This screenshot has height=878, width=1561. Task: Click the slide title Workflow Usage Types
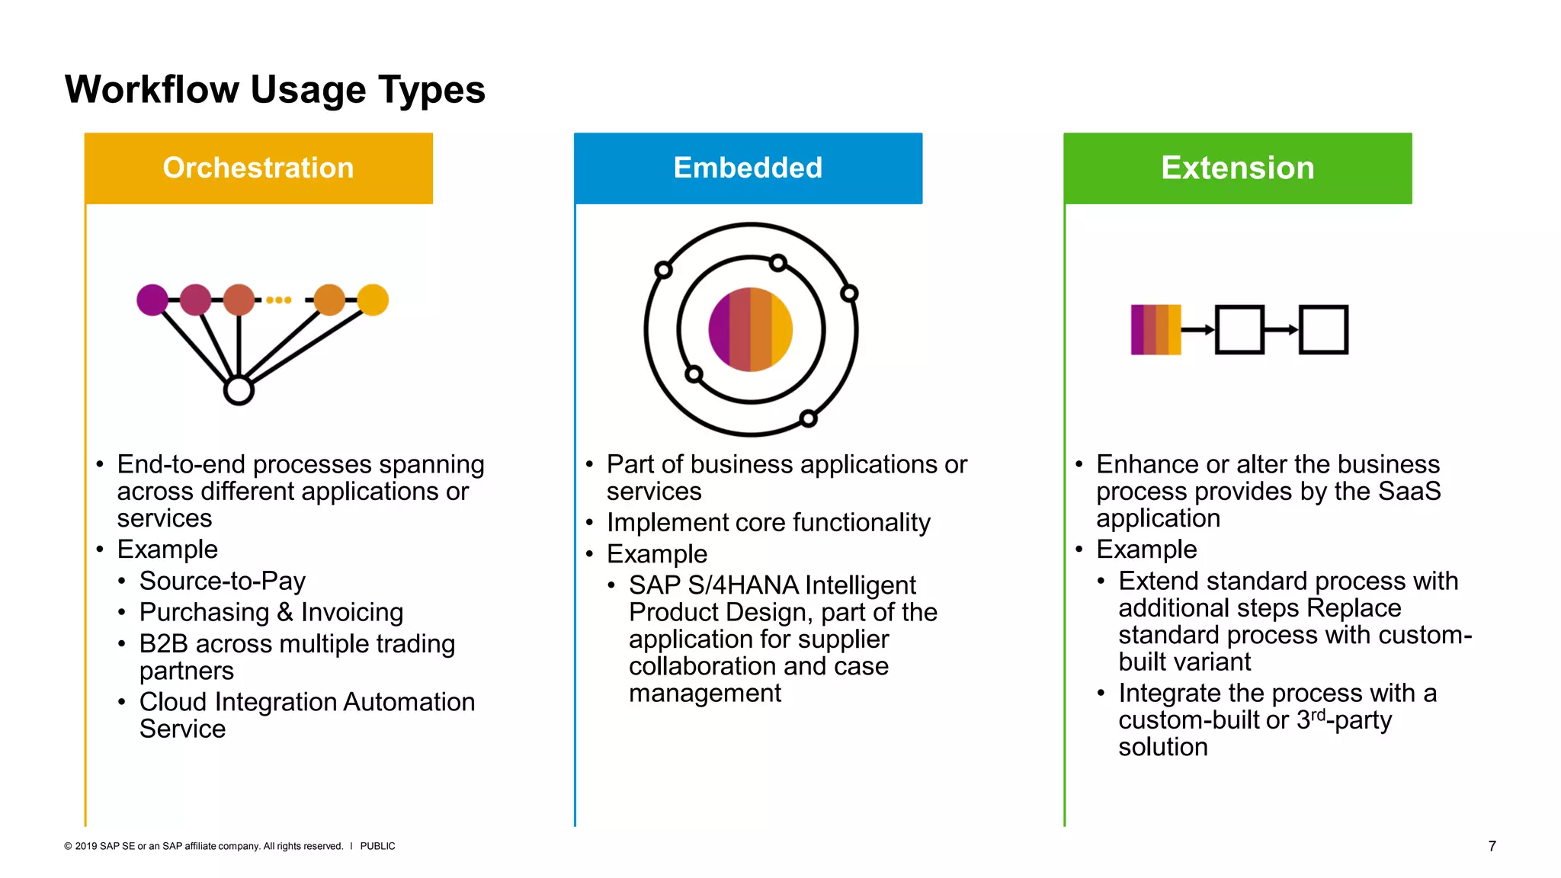coord(274,90)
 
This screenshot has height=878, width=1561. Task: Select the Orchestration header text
coord(258,168)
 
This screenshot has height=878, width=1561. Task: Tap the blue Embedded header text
coord(748,168)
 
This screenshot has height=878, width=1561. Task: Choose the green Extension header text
coord(1237,168)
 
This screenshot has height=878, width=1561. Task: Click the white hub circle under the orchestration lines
coord(239,390)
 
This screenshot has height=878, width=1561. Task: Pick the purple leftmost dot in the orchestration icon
coord(152,300)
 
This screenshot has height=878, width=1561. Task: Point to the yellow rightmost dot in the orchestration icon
coord(373,300)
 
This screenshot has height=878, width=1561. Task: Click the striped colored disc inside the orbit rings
coord(751,329)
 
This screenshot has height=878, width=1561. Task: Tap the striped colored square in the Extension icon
coord(1156,329)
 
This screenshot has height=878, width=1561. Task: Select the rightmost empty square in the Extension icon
coord(1323,329)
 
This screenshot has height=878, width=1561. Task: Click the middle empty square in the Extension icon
coord(1239,329)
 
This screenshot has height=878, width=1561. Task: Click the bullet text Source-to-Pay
coord(222,581)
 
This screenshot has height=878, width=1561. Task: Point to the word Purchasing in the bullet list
coord(204,612)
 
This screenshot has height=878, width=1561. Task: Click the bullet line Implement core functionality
coord(768,523)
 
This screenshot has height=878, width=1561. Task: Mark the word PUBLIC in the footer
coord(377,846)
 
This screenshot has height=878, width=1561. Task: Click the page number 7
coord(1492,846)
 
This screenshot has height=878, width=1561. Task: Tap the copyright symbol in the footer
coord(68,846)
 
